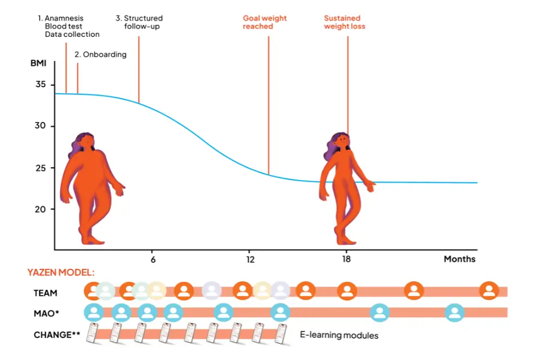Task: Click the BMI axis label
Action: (x=38, y=63)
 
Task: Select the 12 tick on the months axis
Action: (x=250, y=259)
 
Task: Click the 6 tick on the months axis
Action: (x=153, y=259)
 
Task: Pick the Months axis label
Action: (x=459, y=259)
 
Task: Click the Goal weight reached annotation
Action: (x=264, y=22)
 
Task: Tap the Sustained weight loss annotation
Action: (x=345, y=22)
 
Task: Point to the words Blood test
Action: (x=63, y=26)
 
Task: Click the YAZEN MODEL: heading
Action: (x=61, y=273)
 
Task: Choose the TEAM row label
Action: (x=46, y=293)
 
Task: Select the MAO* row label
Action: (x=46, y=313)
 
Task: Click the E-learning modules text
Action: (x=339, y=335)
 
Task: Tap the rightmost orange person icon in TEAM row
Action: (x=489, y=291)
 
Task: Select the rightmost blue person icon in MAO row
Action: (x=454, y=312)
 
